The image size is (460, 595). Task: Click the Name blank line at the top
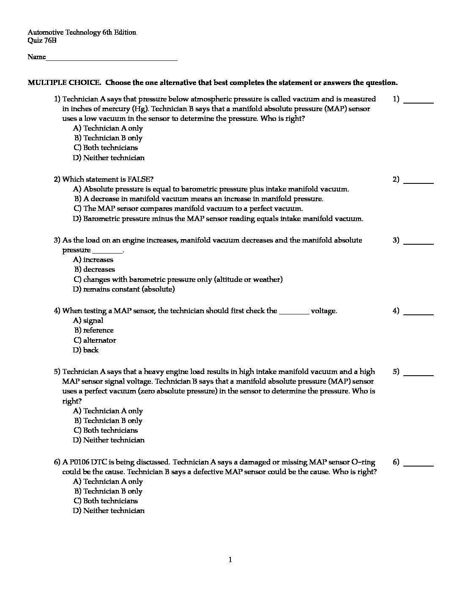click(111, 59)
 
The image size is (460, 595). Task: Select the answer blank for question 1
click(419, 102)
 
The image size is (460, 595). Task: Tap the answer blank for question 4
click(419, 314)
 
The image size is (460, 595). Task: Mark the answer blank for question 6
click(419, 465)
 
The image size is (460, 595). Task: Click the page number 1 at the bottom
click(230, 560)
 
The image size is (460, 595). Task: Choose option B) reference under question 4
click(94, 330)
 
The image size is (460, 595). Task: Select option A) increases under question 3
click(93, 259)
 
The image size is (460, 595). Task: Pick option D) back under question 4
click(86, 350)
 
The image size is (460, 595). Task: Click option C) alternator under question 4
click(95, 340)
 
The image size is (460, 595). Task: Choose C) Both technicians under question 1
click(106, 147)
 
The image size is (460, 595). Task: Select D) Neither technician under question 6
click(109, 510)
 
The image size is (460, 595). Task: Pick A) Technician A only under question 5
click(108, 411)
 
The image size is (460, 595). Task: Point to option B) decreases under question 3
click(94, 269)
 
